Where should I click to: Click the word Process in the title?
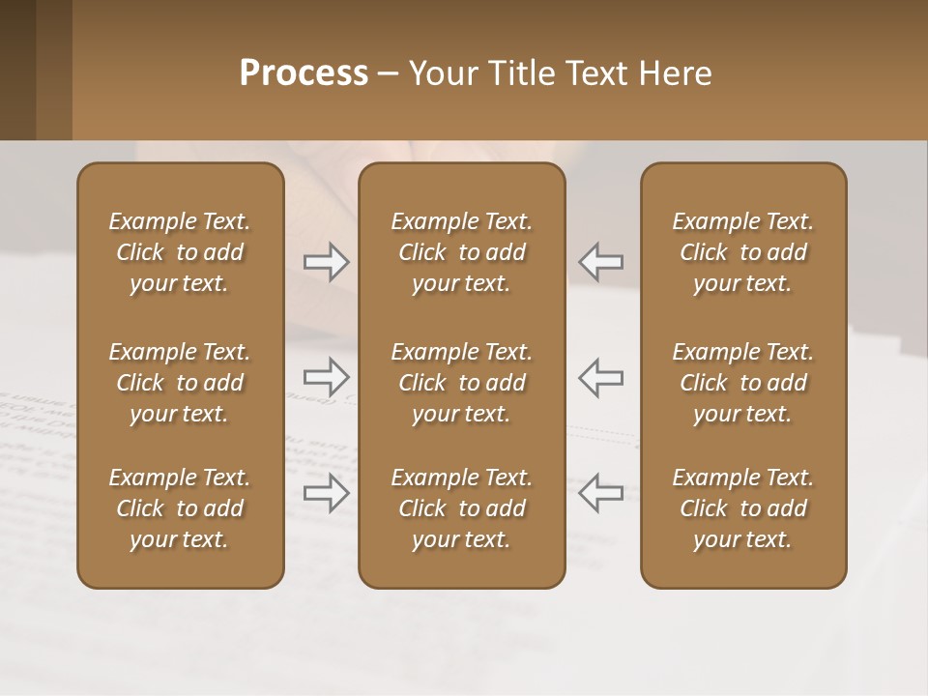tap(304, 73)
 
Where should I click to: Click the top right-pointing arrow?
tap(326, 262)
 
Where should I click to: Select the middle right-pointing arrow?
tap(326, 376)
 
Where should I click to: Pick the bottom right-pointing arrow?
tap(326, 492)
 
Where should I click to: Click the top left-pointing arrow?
tap(600, 262)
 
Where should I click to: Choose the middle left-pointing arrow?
tap(600, 376)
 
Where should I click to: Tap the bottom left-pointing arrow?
tap(600, 492)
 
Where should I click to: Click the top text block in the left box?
tap(180, 252)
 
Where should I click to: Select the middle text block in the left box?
tap(180, 383)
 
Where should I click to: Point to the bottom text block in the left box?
tap(180, 508)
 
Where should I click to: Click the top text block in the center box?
tap(461, 252)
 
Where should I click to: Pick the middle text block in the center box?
tap(461, 383)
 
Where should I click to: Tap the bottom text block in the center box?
tap(461, 508)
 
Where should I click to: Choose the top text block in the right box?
tap(742, 252)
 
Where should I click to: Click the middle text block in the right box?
tap(742, 383)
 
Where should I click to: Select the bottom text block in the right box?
tap(742, 508)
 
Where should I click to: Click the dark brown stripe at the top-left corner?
tap(17, 70)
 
